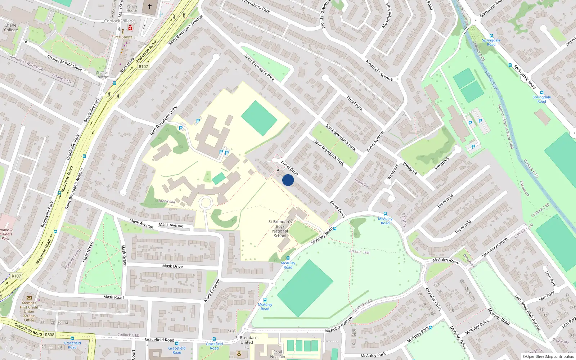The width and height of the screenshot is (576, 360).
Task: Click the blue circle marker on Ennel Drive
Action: click(x=288, y=180)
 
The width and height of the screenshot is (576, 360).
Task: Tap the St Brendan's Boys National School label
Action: click(x=280, y=229)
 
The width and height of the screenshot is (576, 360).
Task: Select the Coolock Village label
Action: click(x=120, y=21)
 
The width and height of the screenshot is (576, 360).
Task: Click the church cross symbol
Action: click(x=150, y=6)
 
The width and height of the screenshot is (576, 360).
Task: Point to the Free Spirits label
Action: click(x=123, y=37)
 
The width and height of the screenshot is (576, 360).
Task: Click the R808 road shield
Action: click(x=50, y=335)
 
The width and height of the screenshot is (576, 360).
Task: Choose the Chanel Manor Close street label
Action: click(x=65, y=63)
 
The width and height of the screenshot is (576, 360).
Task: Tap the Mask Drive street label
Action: click(x=172, y=266)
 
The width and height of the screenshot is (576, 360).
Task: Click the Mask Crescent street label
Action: click(x=212, y=290)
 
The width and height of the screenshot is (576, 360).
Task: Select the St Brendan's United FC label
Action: click(x=247, y=342)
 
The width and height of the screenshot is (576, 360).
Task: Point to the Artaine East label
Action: click(x=359, y=252)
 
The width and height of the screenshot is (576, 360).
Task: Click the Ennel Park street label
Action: click(x=355, y=103)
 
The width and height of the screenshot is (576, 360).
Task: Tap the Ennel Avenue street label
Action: click(x=375, y=141)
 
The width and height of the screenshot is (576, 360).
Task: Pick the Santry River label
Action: click(x=491, y=81)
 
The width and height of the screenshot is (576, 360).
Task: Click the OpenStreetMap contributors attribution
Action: click(x=548, y=357)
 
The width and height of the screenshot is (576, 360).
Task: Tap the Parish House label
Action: click(x=132, y=8)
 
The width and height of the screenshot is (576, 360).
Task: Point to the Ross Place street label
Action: click(x=127, y=65)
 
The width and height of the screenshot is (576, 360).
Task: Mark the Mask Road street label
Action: click(x=113, y=297)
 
